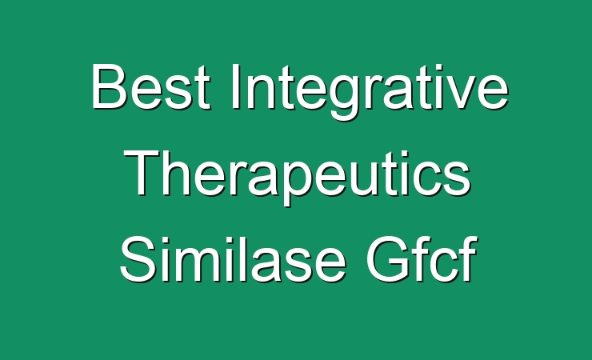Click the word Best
[x=150, y=87]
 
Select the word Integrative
[x=370, y=92]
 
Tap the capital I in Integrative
[x=236, y=86]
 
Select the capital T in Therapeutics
[x=142, y=173]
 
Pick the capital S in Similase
[x=138, y=259]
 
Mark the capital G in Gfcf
[x=388, y=259]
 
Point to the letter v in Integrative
[x=454, y=93]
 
